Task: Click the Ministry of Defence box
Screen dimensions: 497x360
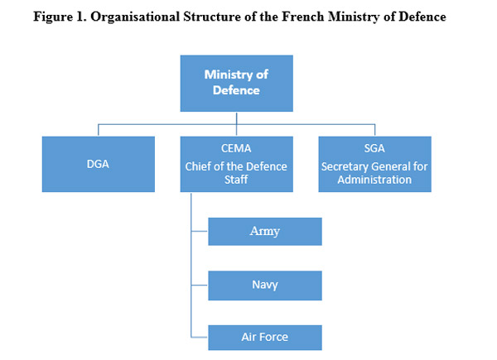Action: pos(236,84)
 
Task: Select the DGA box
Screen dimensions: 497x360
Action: pos(99,164)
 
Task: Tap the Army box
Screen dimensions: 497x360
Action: pos(265,232)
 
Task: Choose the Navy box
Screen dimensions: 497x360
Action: pos(265,286)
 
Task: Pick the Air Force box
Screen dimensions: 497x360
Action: pos(265,338)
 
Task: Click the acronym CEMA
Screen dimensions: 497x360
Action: pos(236,148)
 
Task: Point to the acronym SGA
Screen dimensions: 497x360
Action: pos(374,148)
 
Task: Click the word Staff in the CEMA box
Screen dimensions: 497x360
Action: pos(236,180)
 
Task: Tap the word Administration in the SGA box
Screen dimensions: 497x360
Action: pos(374,180)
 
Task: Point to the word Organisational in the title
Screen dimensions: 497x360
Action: pos(135,17)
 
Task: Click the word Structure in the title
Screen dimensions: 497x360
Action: pos(212,17)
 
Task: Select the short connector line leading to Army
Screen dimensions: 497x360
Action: pos(200,231)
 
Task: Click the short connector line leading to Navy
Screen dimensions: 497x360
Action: pos(200,285)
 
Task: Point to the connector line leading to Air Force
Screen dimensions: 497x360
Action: pos(200,337)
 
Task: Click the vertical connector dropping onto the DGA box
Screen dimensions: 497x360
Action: pos(99,130)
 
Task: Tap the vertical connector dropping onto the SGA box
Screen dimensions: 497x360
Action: pos(375,130)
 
